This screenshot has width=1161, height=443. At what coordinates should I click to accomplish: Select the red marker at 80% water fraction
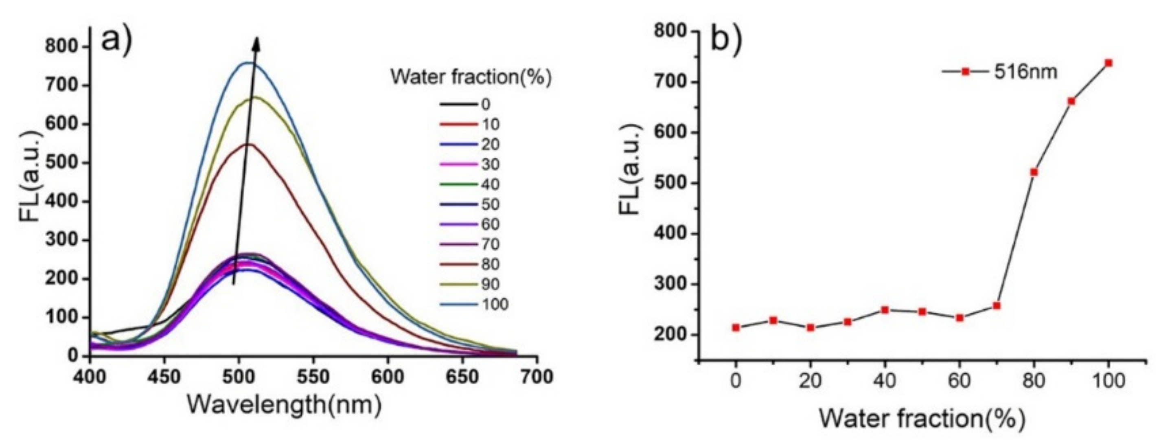pos(1034,173)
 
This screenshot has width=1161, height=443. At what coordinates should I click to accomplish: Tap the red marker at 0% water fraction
pos(736,328)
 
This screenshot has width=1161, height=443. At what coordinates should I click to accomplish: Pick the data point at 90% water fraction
pos(1071,101)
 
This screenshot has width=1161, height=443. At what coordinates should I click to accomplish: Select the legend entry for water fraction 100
pos(474,304)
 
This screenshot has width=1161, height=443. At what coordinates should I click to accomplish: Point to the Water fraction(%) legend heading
pos(471,77)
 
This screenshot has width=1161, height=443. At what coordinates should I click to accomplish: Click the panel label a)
pos(116,39)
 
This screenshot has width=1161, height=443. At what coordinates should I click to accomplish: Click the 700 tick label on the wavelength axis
pos(537,377)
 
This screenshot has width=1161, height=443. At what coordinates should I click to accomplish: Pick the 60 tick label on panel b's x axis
pos(959,381)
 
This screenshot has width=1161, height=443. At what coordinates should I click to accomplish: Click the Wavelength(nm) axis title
pos(284,405)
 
